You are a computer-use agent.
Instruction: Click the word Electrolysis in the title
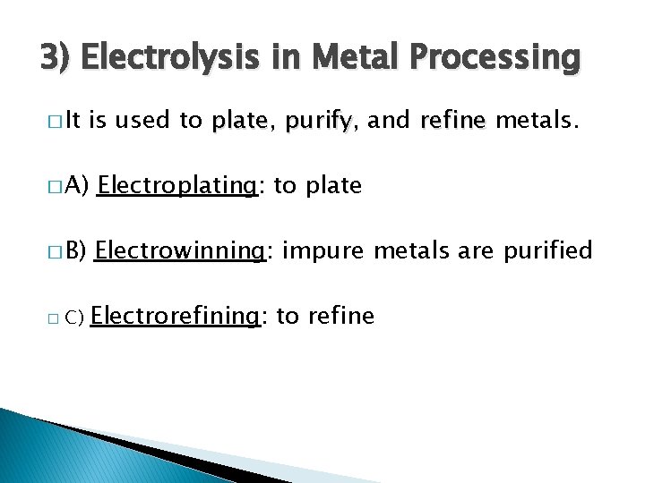click(162, 59)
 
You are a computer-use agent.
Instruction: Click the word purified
click(548, 250)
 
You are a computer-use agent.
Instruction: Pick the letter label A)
click(75, 186)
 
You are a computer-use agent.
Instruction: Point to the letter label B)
click(75, 251)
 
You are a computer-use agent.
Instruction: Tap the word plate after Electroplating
click(334, 185)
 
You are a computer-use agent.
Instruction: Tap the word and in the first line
click(389, 121)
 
